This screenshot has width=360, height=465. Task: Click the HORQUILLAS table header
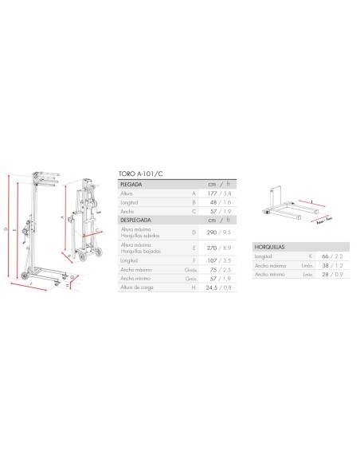271,248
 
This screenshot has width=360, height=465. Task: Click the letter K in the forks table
307,257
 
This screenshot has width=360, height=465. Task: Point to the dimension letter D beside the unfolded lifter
6,229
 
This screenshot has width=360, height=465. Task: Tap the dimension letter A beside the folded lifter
62,216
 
